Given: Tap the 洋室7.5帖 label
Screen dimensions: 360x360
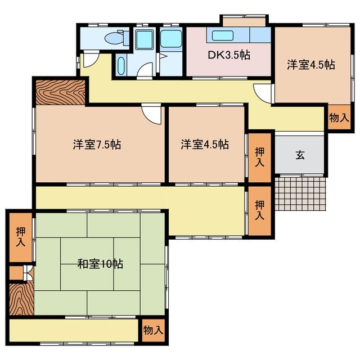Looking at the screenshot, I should click(x=97, y=145).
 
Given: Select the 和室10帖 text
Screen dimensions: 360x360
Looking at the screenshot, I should click(x=101, y=263).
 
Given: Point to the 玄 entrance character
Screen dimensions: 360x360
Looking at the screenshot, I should click(x=300, y=155).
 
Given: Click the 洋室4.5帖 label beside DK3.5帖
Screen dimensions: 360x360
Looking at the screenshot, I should click(x=310, y=65).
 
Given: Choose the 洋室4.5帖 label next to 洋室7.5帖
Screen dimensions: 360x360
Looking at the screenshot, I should click(x=205, y=145).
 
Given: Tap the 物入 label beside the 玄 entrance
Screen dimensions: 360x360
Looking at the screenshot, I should click(x=339, y=118).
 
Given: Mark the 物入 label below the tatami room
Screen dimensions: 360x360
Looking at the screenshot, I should click(x=152, y=330).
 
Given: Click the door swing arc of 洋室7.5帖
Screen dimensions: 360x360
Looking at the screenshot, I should click(x=151, y=114).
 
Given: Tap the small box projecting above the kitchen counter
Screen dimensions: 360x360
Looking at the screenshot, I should click(x=243, y=21).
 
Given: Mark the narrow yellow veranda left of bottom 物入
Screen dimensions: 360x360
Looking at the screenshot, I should click(x=73, y=330).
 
